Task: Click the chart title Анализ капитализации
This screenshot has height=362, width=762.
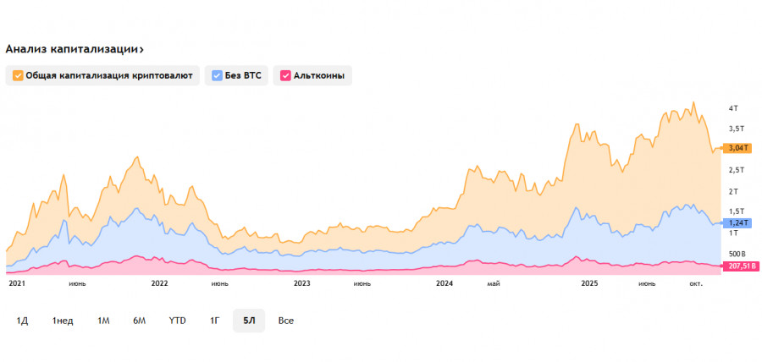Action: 74,49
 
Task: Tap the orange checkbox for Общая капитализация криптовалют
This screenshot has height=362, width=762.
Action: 18,75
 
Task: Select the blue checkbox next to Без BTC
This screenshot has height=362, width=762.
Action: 218,75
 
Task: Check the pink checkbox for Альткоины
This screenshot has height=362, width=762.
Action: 286,75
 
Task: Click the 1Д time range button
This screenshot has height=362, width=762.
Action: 23,321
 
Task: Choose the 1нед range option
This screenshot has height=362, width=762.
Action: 63,321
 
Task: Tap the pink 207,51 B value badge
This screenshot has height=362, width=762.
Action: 742,266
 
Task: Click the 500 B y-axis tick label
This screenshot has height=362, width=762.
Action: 737,254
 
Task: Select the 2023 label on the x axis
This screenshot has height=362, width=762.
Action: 301,284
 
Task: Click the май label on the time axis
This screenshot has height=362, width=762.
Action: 494,284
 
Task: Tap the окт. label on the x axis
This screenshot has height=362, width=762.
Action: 697,284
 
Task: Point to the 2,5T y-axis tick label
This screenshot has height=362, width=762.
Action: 738,170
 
